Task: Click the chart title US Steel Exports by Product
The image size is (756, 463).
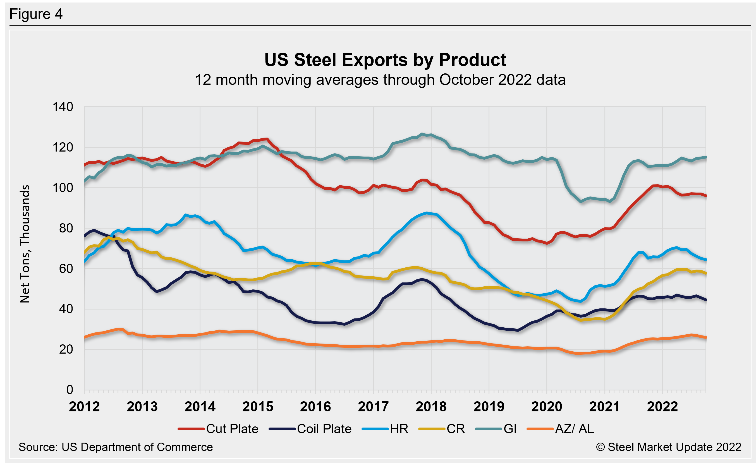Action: point(385,60)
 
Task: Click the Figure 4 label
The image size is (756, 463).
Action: point(36,14)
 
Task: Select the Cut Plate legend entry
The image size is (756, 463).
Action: point(219,429)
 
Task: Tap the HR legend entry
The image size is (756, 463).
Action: point(385,429)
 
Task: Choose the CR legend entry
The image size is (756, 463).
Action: point(442,429)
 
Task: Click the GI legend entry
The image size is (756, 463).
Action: point(496,429)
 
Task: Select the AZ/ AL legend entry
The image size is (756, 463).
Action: point(561,429)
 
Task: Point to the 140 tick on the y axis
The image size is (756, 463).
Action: point(63,107)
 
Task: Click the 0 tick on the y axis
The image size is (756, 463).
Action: point(70,390)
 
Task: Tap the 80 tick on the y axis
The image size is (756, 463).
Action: point(66,228)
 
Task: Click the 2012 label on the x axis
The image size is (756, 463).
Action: point(84,407)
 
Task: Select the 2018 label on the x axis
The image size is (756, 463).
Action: point(431,407)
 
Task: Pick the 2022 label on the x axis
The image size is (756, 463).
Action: point(662,407)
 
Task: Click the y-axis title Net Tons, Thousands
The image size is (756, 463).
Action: point(25,244)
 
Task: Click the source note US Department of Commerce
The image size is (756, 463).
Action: point(115,447)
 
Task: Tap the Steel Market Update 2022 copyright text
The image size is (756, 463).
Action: point(669,447)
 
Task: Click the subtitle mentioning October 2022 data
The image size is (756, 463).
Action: point(380,80)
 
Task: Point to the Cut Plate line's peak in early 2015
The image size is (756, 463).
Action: point(267,139)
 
